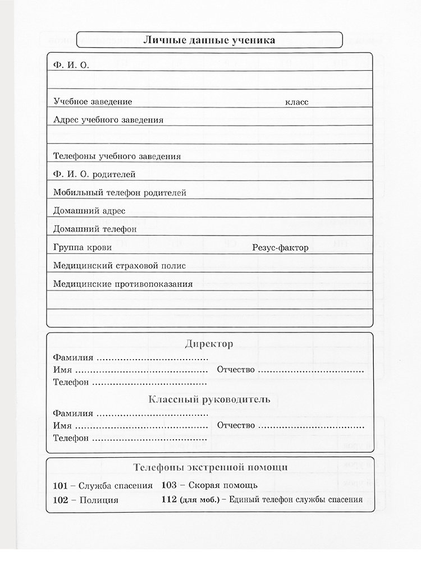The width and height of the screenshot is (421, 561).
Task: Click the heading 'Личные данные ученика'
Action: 209,40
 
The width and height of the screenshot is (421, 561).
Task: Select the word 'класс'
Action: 296,102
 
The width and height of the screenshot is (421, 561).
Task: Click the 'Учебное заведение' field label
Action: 93,102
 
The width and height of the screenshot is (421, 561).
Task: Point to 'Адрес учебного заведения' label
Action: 108,119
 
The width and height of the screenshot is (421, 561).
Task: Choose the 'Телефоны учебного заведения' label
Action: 117,156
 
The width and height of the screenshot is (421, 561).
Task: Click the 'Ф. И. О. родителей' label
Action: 94,174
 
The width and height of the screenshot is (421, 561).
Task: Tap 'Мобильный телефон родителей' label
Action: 120,192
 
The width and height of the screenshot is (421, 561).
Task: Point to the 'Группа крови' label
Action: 82,247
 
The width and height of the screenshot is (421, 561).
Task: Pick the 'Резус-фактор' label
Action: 281,247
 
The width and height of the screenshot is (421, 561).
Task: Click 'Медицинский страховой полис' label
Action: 119,265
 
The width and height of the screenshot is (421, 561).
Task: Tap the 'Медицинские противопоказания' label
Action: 122,284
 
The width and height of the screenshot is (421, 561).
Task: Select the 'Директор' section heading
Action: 209,344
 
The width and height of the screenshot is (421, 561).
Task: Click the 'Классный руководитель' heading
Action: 209,400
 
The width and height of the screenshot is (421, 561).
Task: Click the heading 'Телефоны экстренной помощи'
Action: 210,467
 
